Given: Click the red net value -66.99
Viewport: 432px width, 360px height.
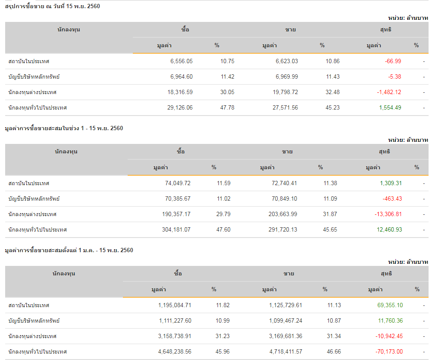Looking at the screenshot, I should pyautogui.click(x=393, y=61).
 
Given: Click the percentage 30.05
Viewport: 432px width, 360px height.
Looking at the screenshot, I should pyautogui.click(x=227, y=92).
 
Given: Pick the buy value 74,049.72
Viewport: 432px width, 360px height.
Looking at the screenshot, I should pyautogui.click(x=178, y=183).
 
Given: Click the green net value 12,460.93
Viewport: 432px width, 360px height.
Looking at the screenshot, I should pyautogui.click(x=389, y=229).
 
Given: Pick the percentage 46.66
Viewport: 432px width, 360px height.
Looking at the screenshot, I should pyautogui.click(x=334, y=351).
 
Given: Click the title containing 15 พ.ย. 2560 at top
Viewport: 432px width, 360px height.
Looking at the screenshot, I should pyautogui.click(x=52, y=6).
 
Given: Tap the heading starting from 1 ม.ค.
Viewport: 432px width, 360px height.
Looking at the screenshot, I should pyautogui.click(x=69, y=250).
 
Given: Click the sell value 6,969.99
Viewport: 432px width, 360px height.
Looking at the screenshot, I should pyautogui.click(x=287, y=76).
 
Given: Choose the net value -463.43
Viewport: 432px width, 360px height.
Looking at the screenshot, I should pyautogui.click(x=392, y=198).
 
